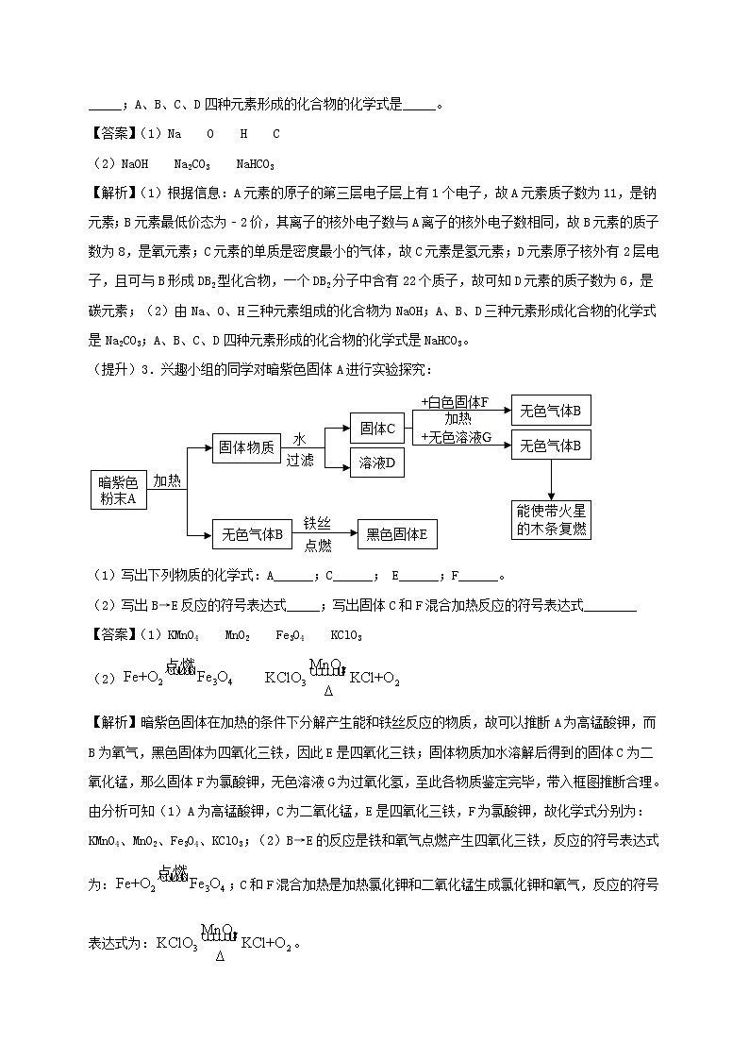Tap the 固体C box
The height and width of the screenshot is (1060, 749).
coord(376,429)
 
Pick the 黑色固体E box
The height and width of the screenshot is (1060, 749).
coord(396,535)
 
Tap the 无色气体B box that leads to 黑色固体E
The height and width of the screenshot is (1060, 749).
coord(252,535)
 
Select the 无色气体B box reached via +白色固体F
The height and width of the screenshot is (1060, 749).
coord(551,411)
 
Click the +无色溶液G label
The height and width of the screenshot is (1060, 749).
coord(458,436)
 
